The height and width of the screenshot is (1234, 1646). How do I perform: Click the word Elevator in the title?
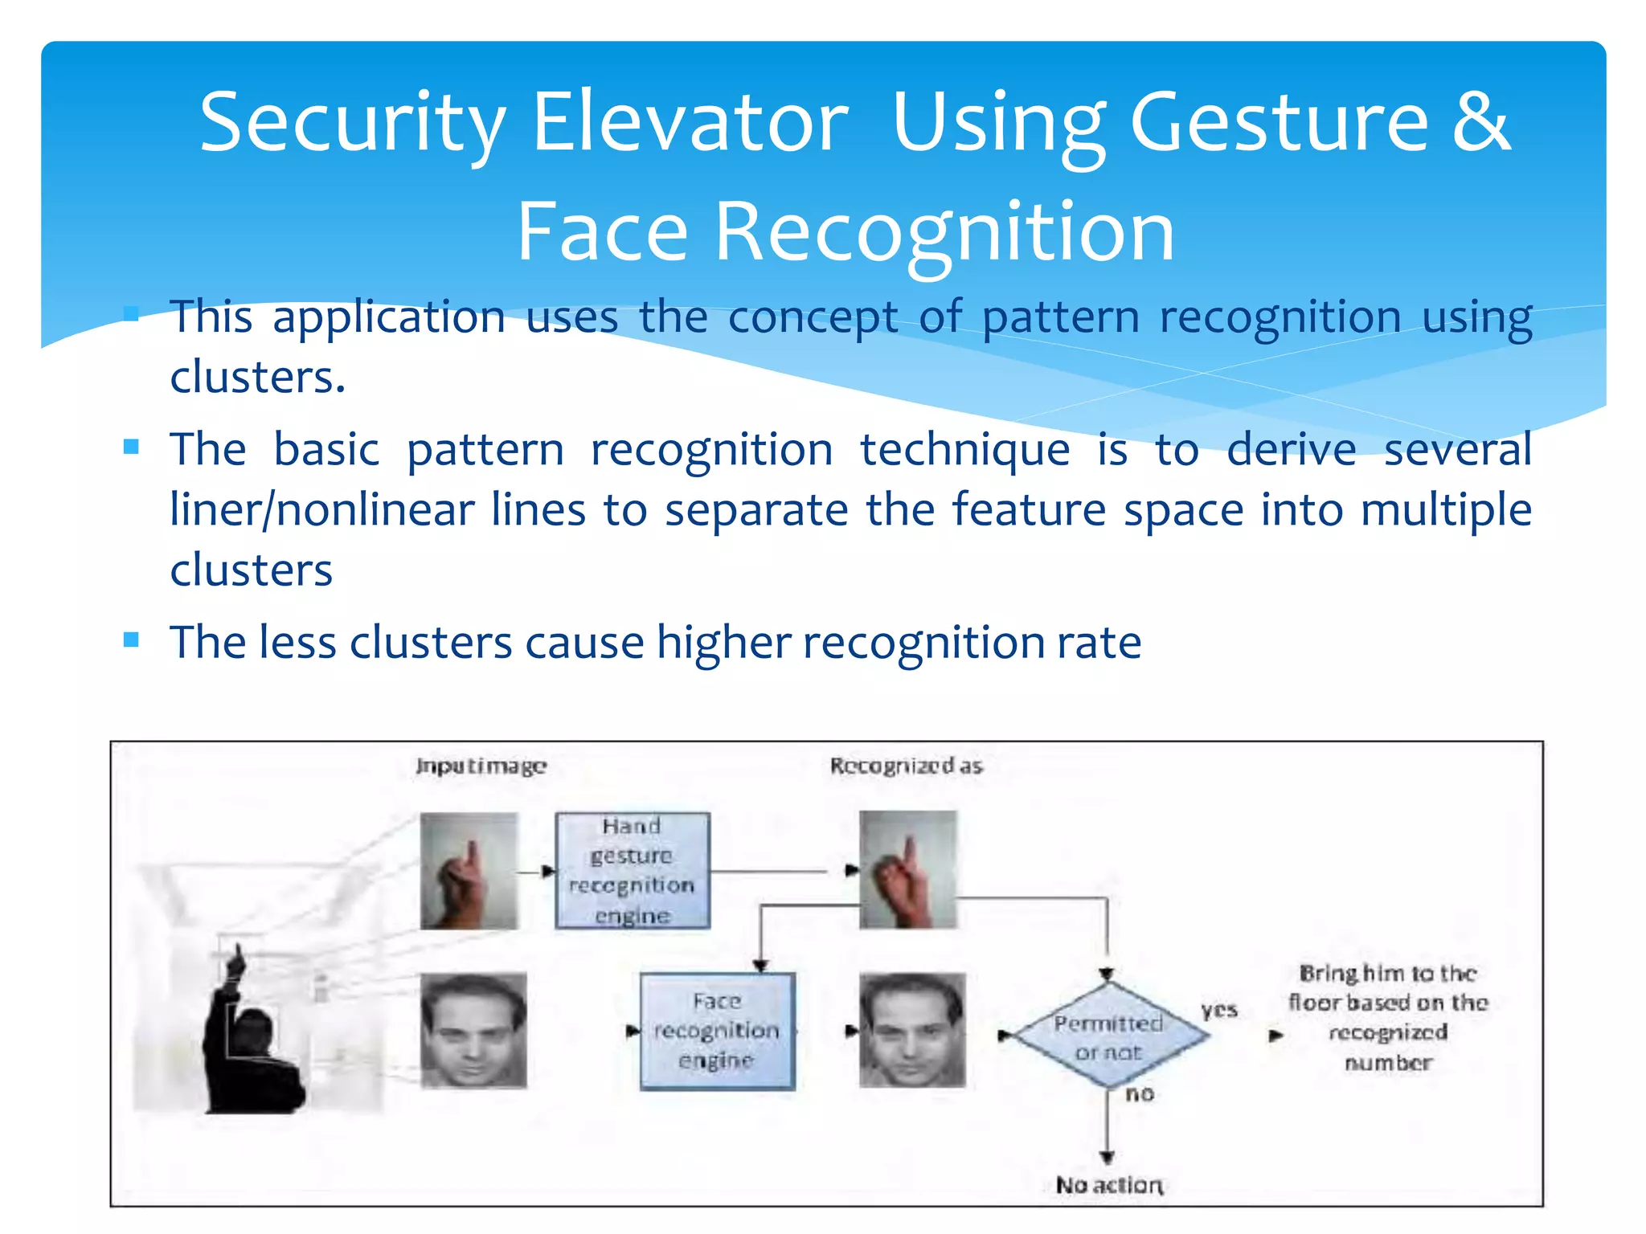(x=690, y=122)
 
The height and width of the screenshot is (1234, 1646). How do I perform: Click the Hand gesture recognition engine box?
(x=633, y=871)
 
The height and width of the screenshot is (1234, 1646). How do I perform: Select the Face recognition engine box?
(x=717, y=1031)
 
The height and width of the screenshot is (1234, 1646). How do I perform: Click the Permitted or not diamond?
(x=1108, y=1036)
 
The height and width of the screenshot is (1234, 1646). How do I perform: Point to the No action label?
(x=1108, y=1185)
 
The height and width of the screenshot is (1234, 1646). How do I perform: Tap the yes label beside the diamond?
(x=1219, y=1011)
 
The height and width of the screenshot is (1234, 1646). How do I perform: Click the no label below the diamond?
(x=1140, y=1093)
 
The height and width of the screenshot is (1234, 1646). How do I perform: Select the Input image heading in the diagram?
(x=481, y=766)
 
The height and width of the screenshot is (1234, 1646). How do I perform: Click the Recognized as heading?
(x=906, y=766)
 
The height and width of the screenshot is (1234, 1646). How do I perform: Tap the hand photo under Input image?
(x=469, y=871)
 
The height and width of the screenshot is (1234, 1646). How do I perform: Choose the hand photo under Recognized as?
(x=908, y=870)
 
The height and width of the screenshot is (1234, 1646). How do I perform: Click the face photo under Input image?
(x=473, y=1031)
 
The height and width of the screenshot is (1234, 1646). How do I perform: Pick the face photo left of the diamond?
(x=911, y=1031)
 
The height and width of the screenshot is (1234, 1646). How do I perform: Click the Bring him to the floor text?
(x=1388, y=1017)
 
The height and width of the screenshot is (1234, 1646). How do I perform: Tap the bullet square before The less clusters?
(x=132, y=640)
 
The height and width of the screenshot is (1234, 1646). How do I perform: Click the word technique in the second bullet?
(x=964, y=449)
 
